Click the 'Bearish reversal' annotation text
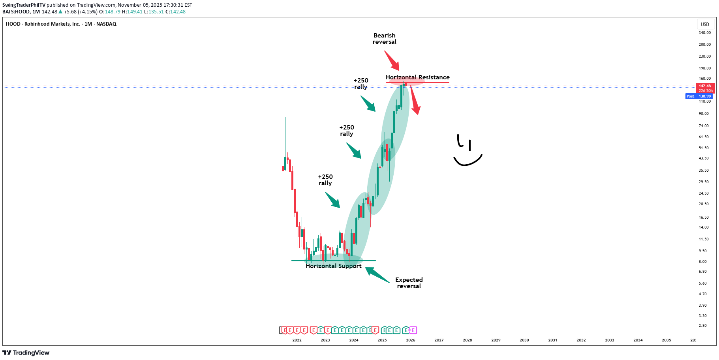pos(384,39)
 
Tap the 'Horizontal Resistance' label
pos(417,77)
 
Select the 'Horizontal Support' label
pos(333,266)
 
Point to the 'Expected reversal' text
pos(409,283)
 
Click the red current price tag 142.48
pos(705,86)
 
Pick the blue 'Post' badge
pos(690,96)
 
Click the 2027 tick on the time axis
pos(439,340)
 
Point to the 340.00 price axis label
pos(704,33)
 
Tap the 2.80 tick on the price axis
pos(702,326)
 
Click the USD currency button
pos(705,24)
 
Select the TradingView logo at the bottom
pos(26,352)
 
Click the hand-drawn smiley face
pos(467,151)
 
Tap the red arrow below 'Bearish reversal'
pos(392,60)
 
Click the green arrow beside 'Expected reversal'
pos(377,275)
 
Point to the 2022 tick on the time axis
pos(297,340)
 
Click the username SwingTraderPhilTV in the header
pos(24,5)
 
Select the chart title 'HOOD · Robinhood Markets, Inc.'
pos(43,24)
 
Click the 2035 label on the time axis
pos(666,340)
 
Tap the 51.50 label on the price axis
pos(704,148)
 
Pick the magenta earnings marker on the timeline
pos(413,330)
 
